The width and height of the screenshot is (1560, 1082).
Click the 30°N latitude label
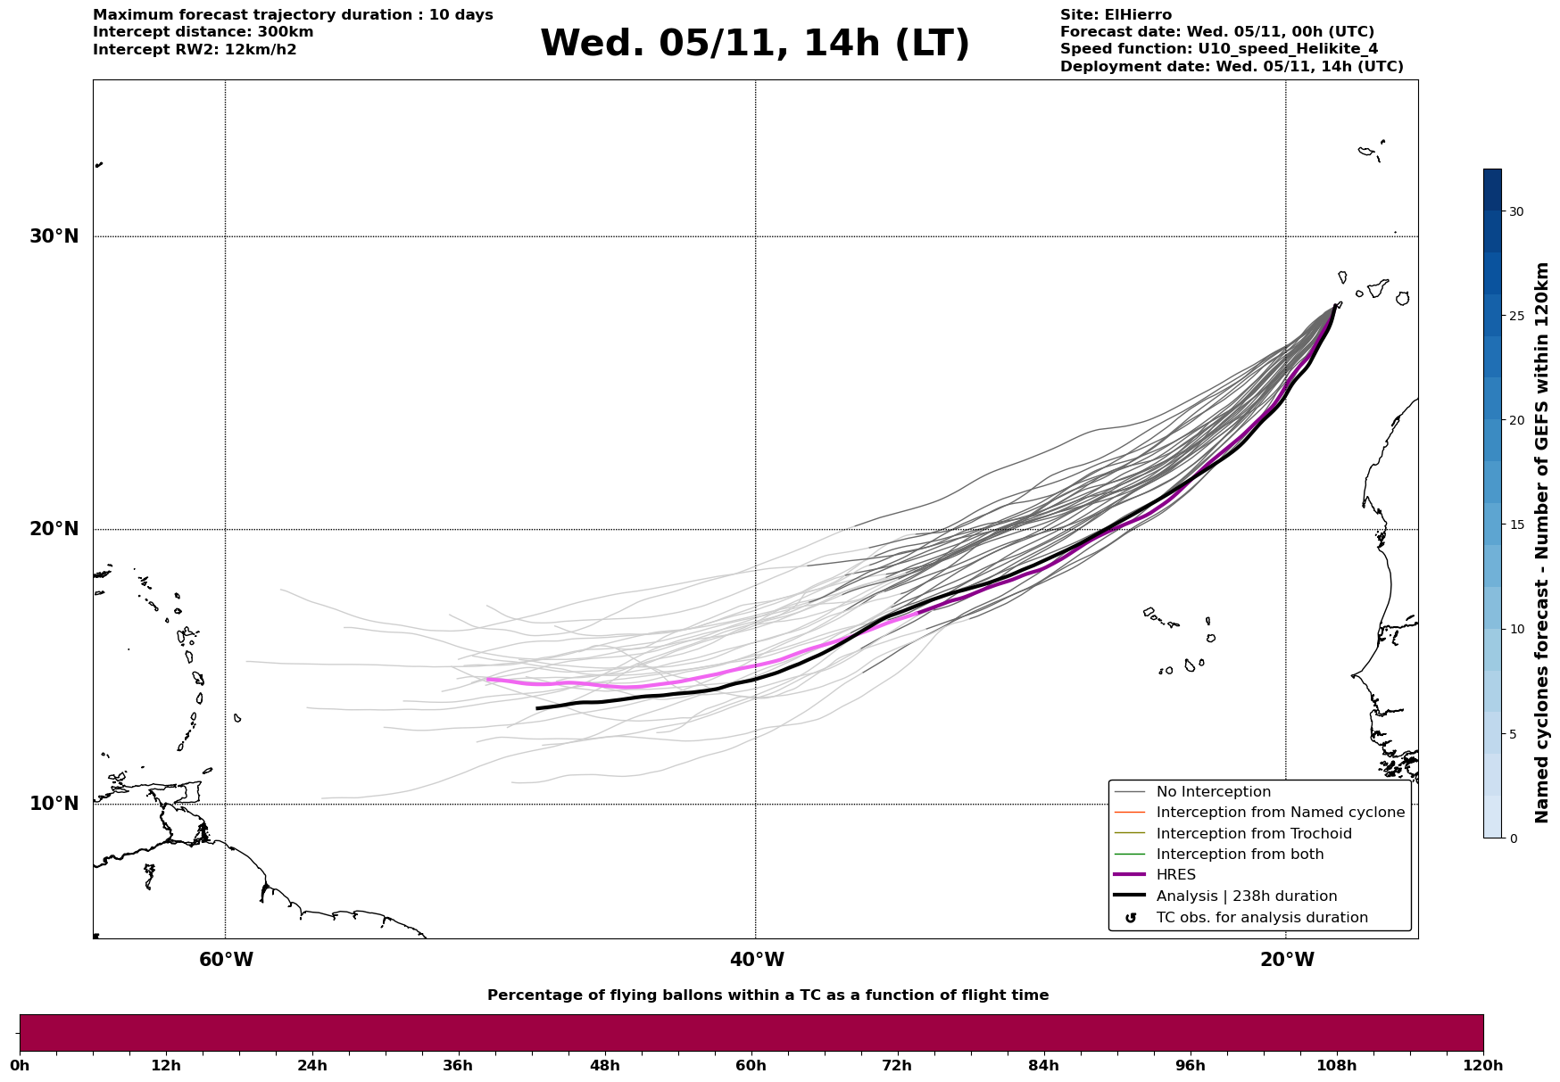click(x=54, y=236)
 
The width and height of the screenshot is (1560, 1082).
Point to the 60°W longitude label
click(x=226, y=960)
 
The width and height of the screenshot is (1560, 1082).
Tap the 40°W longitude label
click(x=757, y=960)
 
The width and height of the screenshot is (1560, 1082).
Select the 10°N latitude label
click(x=54, y=804)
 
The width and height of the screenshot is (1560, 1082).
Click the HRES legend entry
click(x=1175, y=875)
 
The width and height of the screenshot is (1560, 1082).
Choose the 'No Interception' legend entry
click(x=1213, y=792)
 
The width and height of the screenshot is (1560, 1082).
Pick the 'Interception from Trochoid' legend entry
click(x=1253, y=834)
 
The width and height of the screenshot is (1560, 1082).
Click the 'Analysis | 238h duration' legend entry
click(x=1246, y=896)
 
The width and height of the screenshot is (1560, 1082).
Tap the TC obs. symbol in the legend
click(x=1131, y=918)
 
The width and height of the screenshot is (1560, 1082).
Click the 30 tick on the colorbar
click(x=1515, y=211)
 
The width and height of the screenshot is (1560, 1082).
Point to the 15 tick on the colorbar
click(x=1515, y=524)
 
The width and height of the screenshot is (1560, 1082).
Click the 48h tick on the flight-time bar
click(x=604, y=1065)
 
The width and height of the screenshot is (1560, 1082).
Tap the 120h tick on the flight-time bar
click(x=1483, y=1065)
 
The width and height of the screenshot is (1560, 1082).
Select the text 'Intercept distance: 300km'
click(x=203, y=32)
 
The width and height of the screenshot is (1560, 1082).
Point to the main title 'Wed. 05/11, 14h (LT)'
click(x=754, y=44)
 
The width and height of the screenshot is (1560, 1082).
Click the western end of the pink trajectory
click(x=487, y=679)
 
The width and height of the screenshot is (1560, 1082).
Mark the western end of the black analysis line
click(x=537, y=708)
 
